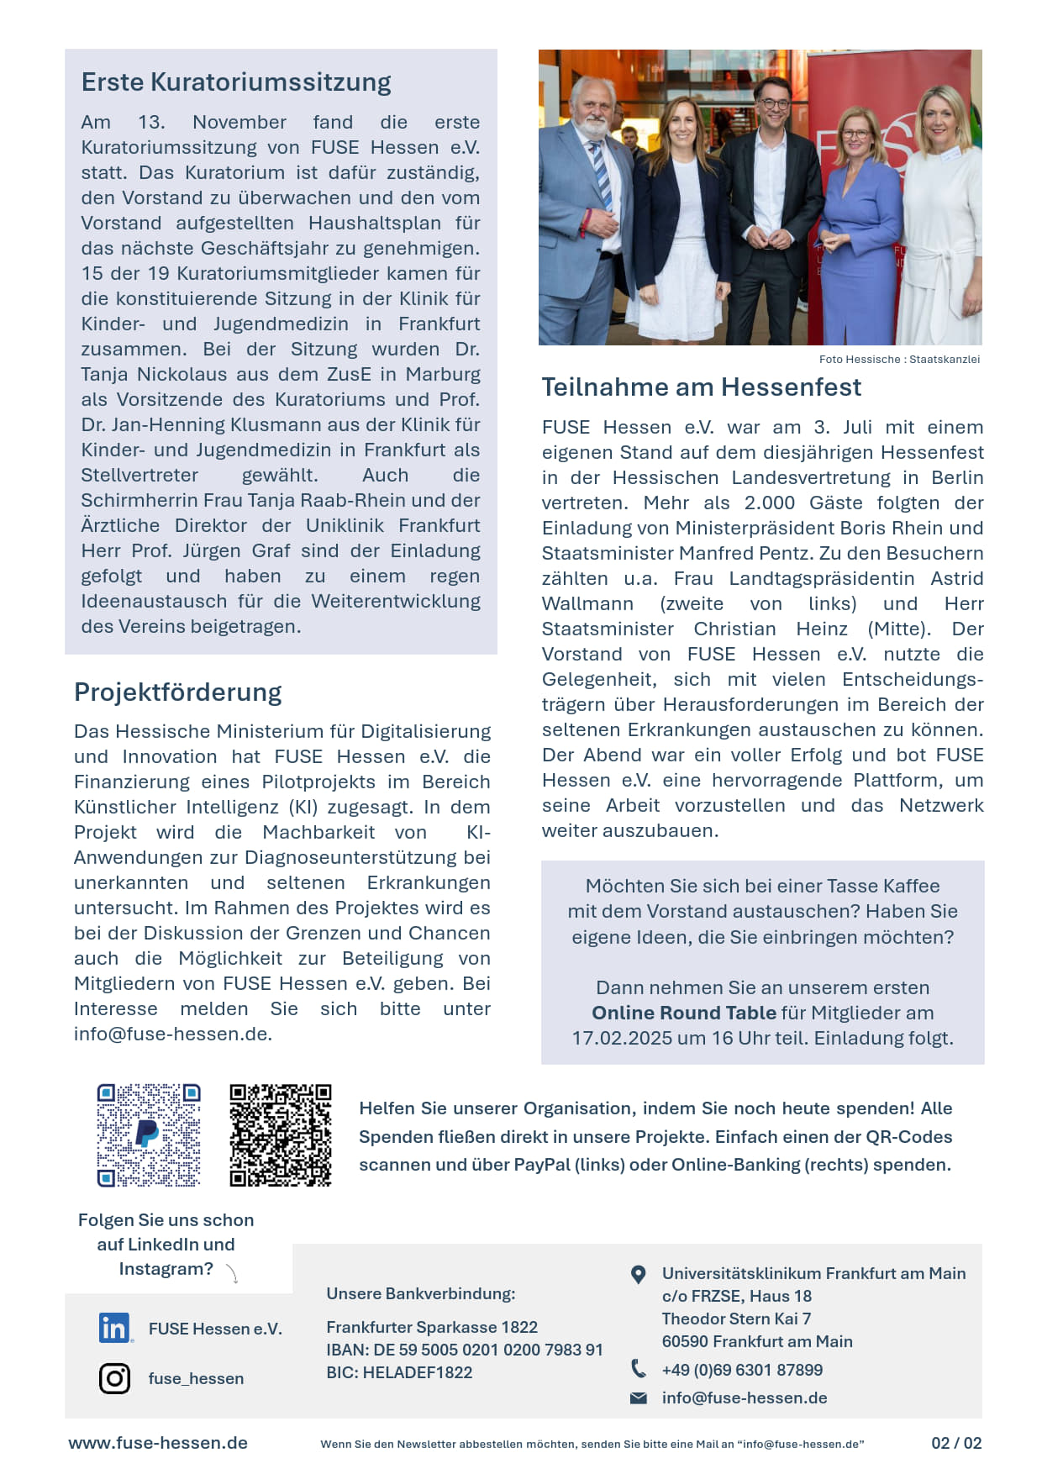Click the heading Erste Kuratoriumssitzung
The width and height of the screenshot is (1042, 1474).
point(236,82)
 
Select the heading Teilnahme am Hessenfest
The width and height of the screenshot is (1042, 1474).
point(702,387)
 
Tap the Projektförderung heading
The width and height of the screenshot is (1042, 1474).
point(178,692)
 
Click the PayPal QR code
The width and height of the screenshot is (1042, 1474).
point(149,1134)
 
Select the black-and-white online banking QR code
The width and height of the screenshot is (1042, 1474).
point(281,1134)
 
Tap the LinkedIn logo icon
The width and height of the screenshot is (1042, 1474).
point(114,1328)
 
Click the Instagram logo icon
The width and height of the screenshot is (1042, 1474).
point(114,1378)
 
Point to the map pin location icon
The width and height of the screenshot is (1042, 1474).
point(639,1275)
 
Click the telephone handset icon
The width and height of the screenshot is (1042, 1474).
point(639,1369)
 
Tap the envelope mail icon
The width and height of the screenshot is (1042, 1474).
point(639,1398)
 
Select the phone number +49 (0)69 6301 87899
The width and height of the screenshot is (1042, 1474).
point(742,1370)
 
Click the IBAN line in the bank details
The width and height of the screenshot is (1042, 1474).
point(465,1350)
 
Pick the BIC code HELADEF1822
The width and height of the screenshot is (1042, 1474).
point(399,1372)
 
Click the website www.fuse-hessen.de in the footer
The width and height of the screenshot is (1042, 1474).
point(158,1443)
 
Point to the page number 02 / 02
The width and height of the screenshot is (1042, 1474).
point(956,1443)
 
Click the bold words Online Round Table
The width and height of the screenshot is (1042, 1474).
point(684,1013)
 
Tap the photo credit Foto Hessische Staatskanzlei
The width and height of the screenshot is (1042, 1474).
point(899,360)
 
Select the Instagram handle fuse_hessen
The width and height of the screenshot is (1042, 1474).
point(196,1378)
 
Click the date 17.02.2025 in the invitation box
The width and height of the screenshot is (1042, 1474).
point(622,1038)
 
